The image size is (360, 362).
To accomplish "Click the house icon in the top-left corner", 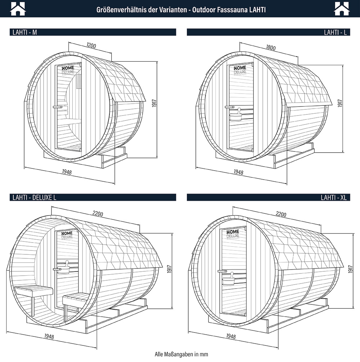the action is tap(18, 9).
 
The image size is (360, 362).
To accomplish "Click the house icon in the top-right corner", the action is tap(342, 9).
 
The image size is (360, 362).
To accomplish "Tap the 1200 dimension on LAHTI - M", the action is tap(91, 45).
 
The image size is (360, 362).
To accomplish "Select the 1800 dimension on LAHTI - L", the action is tap(271, 47).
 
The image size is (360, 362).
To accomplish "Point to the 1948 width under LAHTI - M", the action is tap(67, 172).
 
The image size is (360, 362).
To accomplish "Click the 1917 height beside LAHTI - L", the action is tap(340, 103).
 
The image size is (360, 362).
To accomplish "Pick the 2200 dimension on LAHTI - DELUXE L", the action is tap(98, 213).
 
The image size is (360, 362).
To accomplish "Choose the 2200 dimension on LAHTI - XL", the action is tap(281, 214).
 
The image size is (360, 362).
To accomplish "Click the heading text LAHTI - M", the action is tap(25, 32).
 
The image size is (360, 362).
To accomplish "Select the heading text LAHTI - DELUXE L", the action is tap(35, 198).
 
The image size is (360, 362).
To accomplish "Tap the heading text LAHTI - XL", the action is tap(334, 198).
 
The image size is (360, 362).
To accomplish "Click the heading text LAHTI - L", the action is tap(335, 32).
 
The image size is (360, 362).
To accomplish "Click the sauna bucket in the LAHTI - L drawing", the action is tap(235, 115).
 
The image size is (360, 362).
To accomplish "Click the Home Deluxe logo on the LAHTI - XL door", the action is tap(233, 234).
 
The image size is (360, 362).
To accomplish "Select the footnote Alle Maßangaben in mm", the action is tap(181, 354).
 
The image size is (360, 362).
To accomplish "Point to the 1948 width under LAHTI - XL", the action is tap(231, 336).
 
